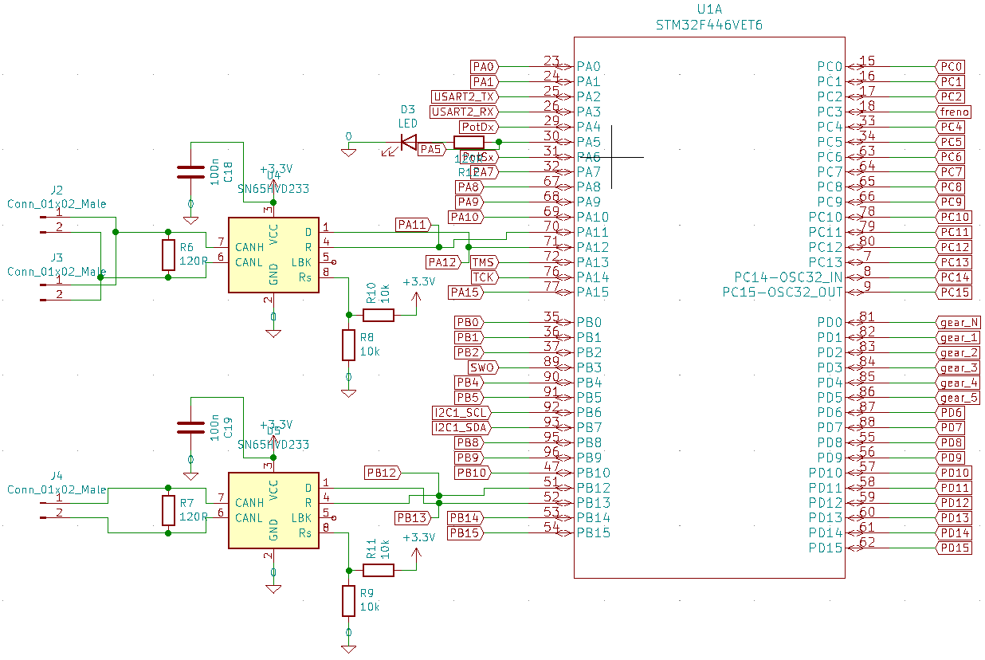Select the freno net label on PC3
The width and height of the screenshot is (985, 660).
point(954,112)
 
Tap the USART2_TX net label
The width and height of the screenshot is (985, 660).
point(464,96)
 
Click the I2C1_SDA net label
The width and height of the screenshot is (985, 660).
point(461,428)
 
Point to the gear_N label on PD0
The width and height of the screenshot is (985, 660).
point(958,323)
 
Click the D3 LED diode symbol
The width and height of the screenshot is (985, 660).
point(409,143)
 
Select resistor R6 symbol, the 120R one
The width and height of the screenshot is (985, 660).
point(168,255)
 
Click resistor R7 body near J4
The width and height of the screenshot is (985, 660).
point(168,510)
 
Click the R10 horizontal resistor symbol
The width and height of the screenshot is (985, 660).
point(379,315)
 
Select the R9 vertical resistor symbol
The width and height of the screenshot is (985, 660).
point(348,601)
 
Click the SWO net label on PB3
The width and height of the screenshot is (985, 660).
point(483,367)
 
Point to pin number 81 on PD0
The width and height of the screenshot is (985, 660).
point(867,318)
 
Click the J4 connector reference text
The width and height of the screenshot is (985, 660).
point(56,476)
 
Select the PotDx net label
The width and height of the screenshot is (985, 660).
point(477,127)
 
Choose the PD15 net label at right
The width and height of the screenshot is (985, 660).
point(954,548)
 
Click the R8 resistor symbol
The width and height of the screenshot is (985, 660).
point(348,345)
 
